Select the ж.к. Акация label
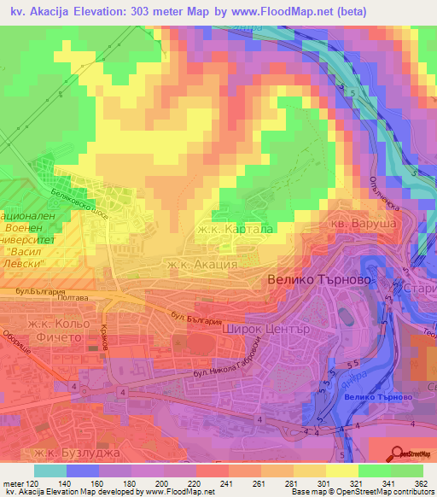point(202,265)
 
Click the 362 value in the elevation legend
point(420,483)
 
